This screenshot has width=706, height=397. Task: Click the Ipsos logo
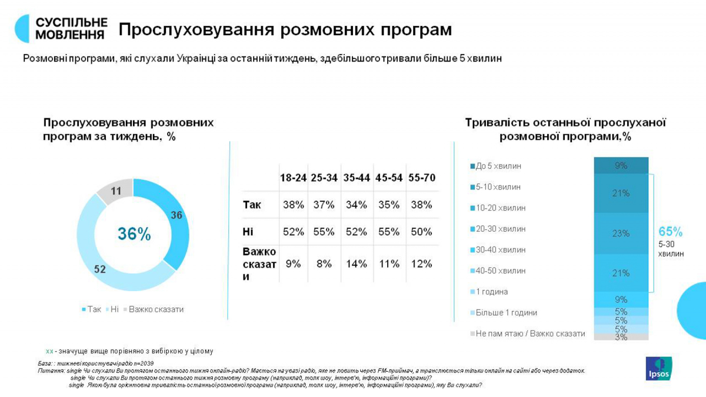coord(659,368)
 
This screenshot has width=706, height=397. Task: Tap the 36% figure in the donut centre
coord(134,234)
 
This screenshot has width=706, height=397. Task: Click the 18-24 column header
coord(293,178)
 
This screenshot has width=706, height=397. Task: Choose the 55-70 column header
coord(421,178)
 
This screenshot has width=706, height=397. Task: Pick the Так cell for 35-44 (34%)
coord(357,205)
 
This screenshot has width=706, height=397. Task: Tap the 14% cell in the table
coord(357,263)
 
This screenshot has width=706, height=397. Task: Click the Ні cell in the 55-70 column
coord(421,232)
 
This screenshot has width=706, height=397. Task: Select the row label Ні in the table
coord(248,232)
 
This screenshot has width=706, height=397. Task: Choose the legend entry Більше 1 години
coord(505,313)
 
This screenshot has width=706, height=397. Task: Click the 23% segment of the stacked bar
coord(621,233)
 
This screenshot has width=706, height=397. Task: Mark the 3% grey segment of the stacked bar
coord(621,337)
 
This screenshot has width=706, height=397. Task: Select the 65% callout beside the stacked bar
coord(671,232)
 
